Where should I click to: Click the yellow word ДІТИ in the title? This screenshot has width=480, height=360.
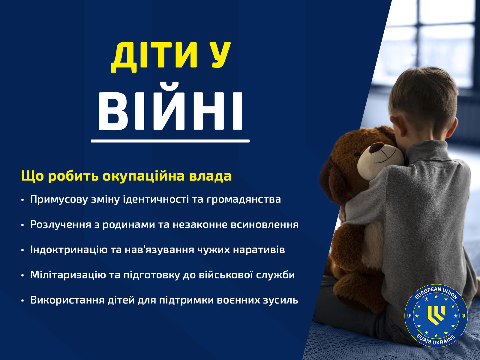point(154,57)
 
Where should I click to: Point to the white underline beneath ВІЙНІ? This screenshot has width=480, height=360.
point(170,141)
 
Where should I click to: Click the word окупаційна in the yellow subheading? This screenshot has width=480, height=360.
point(143,176)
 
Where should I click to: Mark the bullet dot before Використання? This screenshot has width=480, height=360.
point(22,301)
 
